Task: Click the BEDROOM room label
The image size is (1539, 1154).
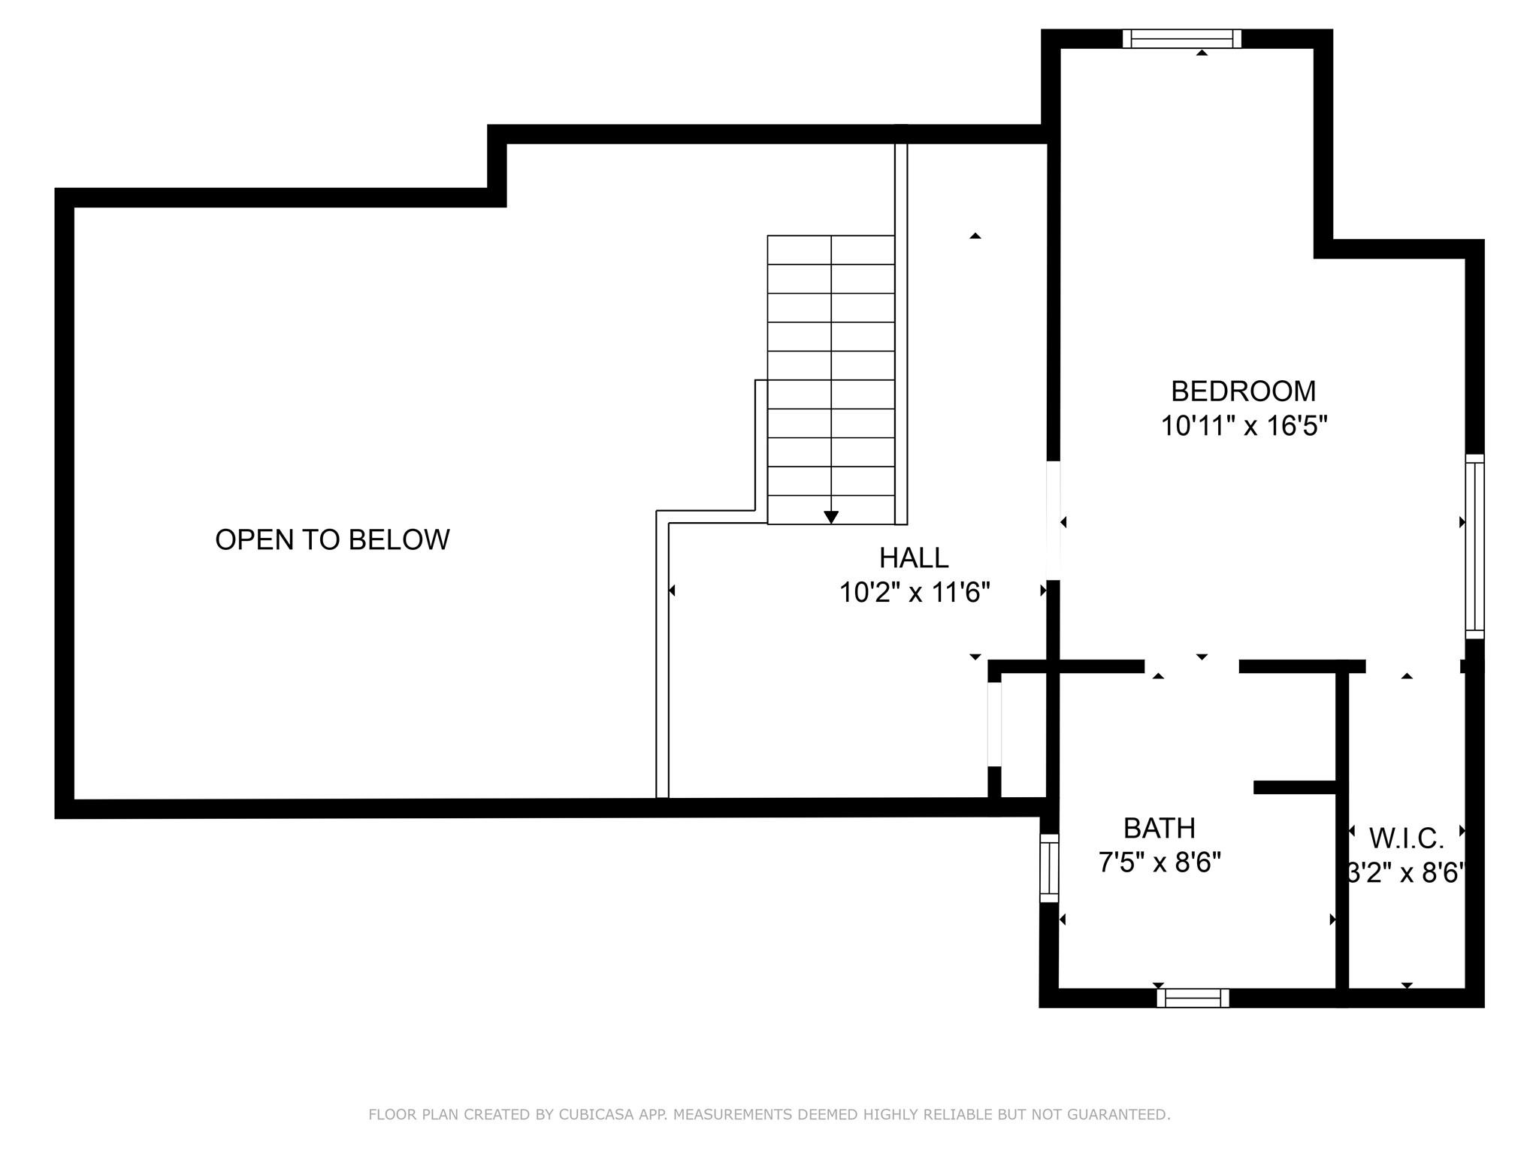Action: [x=1243, y=391]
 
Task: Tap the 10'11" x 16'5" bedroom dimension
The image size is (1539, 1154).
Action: [x=1244, y=427]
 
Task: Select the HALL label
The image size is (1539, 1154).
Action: [x=914, y=558]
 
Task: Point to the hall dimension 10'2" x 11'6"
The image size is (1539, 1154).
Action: [x=914, y=594]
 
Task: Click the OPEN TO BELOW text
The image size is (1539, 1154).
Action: [x=332, y=540]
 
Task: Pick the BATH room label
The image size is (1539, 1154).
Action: [x=1159, y=829]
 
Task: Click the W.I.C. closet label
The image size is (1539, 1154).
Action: [x=1406, y=838]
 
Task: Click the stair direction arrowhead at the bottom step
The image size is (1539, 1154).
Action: [x=830, y=517]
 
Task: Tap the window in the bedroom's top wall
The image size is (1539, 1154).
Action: [x=1181, y=38]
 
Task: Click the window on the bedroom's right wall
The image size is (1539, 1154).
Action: [x=1474, y=546]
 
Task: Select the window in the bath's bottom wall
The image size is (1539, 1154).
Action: [x=1193, y=998]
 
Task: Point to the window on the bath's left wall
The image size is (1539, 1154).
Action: [x=1049, y=868]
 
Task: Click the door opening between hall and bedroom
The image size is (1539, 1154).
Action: [x=1054, y=520]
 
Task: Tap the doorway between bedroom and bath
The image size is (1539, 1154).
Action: [x=1191, y=666]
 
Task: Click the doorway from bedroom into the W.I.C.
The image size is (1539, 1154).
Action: [x=1412, y=666]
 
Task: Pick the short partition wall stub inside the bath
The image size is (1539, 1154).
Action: [x=1294, y=787]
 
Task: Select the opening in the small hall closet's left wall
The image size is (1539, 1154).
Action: [x=994, y=724]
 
